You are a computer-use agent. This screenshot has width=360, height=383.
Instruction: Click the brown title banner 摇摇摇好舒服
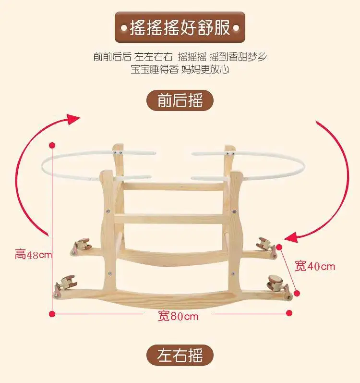coord(180,27)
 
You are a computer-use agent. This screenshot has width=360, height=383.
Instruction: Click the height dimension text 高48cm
coord(33,255)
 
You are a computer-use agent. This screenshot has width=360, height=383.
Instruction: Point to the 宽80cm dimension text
coord(178,316)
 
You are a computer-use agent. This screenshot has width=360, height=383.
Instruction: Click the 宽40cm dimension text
coord(315,265)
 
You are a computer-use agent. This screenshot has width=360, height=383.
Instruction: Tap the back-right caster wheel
coord(264,243)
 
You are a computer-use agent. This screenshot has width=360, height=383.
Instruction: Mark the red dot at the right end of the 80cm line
coord(289,313)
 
